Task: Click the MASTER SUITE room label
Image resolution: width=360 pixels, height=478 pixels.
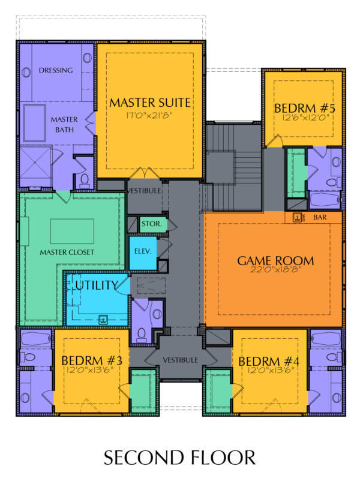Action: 150,103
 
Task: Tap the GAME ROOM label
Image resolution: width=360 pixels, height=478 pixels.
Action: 275,261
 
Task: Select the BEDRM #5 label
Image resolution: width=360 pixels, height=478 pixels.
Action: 304,108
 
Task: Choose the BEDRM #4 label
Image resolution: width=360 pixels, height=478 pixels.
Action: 269,362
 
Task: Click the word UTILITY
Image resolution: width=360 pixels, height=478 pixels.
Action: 97,285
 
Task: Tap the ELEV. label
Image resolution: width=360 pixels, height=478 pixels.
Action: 143,251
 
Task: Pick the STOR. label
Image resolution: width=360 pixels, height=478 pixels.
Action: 151,224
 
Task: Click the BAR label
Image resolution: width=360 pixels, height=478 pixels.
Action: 320,217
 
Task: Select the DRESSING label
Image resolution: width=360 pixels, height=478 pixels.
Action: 56,70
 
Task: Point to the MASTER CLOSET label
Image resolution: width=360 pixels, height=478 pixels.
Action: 67,252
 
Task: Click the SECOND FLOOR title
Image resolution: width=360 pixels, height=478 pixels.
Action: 179,458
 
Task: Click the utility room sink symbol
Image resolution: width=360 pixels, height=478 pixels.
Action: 103,320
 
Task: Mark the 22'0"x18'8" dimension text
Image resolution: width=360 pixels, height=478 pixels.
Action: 276,269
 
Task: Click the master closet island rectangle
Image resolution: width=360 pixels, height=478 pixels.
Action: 72,232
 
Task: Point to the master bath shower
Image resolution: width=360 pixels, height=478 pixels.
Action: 35,167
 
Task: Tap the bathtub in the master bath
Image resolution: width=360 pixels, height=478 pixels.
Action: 34,123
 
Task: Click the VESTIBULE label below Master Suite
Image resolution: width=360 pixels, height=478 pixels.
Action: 143,191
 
